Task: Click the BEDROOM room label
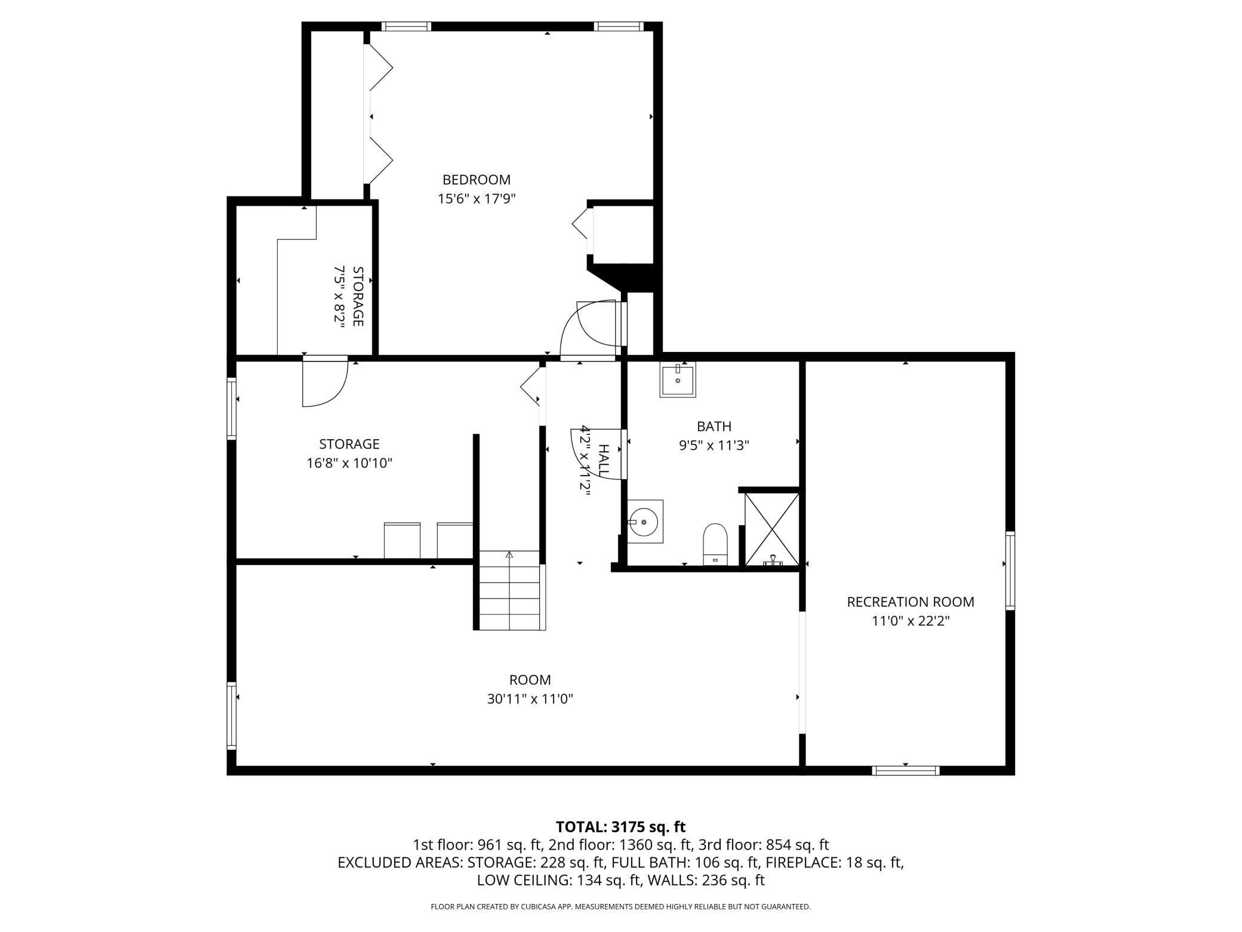[476, 179]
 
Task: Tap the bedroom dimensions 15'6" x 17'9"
[476, 198]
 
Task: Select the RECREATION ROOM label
[911, 602]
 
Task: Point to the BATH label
[714, 426]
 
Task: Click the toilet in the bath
[715, 544]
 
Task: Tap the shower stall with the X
[772, 529]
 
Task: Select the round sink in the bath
[645, 522]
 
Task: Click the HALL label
[603, 460]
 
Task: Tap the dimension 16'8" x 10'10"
[349, 463]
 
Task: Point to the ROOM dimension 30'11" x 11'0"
[530, 699]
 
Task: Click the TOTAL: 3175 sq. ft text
[621, 827]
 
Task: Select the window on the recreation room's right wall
[1010, 571]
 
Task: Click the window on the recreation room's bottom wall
[906, 770]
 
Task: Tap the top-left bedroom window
[406, 26]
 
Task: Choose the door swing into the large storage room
[325, 383]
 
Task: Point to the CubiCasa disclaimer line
[621, 907]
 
